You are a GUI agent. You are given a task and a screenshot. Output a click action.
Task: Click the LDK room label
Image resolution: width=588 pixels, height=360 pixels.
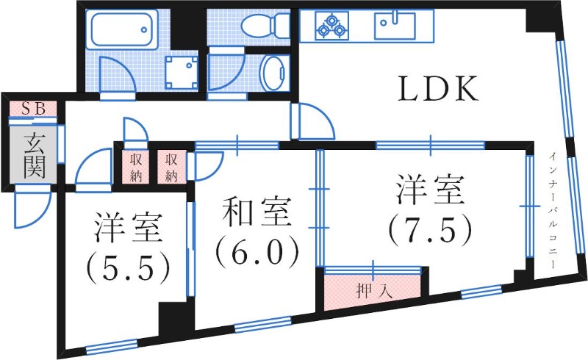pyautogui.click(x=438, y=88)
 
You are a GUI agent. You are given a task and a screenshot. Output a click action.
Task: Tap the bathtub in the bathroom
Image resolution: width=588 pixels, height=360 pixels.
pyautogui.click(x=122, y=29)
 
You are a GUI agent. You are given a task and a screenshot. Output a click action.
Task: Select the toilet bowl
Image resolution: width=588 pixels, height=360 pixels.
pyautogui.click(x=265, y=25)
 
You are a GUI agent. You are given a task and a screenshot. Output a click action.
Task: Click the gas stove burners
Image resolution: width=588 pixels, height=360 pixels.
pyautogui.click(x=331, y=25)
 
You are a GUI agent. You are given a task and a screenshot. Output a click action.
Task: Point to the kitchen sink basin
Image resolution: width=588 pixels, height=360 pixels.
pyautogui.click(x=395, y=26)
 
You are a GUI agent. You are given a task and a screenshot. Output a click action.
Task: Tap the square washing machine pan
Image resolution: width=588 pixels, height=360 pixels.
pyautogui.click(x=182, y=73)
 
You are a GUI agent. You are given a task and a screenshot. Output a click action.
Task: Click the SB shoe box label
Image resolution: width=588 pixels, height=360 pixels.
pyautogui.click(x=33, y=109)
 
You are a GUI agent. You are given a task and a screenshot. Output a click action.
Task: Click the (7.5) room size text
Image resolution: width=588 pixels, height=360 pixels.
pyautogui.click(x=429, y=230)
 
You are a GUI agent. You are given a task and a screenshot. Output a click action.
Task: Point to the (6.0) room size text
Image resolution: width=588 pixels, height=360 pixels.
pyautogui.click(x=257, y=251)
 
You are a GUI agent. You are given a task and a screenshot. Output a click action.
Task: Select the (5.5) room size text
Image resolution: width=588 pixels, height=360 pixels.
pyautogui.click(x=127, y=268)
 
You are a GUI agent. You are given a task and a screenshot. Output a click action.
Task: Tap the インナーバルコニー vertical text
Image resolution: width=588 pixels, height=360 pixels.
pyautogui.click(x=552, y=210)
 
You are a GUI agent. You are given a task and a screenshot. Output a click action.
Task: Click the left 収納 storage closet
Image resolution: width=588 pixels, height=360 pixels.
pyautogui.click(x=135, y=168)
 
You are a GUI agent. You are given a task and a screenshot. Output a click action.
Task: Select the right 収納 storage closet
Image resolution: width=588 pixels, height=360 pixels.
pyautogui.click(x=171, y=168)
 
